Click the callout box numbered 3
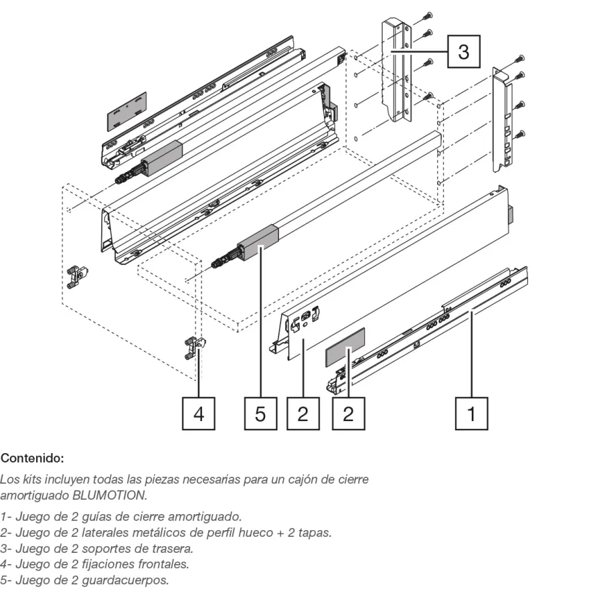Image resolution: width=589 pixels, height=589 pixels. (x=464, y=52)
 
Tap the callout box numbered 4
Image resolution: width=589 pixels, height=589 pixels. (x=199, y=414)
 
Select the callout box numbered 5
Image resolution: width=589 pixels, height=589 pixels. (x=260, y=414)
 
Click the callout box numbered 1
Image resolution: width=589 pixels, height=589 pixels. (x=471, y=414)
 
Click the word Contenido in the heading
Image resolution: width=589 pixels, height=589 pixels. (x=31, y=458)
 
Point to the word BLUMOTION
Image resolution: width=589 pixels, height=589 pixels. (x=109, y=495)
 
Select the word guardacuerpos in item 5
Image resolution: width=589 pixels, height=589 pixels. (x=125, y=580)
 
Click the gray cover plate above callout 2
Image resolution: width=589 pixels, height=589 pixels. (x=345, y=347)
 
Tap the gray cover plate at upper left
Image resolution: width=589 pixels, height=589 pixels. (x=127, y=112)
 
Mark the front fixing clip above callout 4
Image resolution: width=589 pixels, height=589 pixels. (x=195, y=348)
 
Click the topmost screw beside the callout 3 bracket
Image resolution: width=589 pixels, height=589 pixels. (x=427, y=16)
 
